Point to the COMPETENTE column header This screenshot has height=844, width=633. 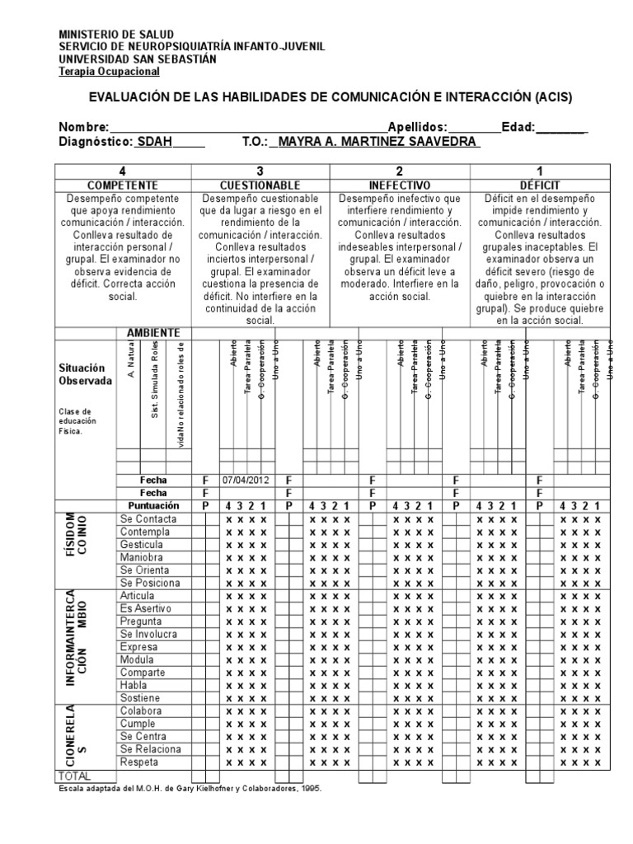point(123,185)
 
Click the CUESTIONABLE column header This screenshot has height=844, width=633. point(260,185)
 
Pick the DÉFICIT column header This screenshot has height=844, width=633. point(538,185)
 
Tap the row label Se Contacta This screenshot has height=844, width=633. point(148,519)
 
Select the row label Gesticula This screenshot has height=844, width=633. point(142,545)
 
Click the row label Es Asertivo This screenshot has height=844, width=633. point(144,608)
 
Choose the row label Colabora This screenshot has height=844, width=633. point(141,710)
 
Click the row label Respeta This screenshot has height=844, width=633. point(140,762)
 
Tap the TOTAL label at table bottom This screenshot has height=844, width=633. point(74,776)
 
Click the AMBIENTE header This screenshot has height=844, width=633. point(152,332)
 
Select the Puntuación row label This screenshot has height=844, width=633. point(152,505)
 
